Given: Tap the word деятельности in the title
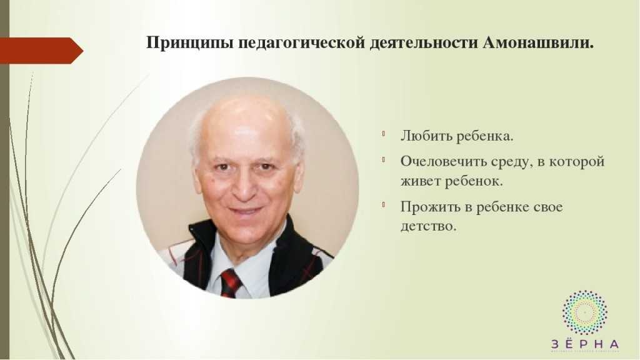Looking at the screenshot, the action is [424, 43].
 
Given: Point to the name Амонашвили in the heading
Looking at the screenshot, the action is [538, 43].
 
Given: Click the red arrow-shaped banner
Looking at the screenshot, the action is [41, 51].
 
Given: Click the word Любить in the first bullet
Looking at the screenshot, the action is [425, 136].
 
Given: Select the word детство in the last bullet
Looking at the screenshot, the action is [427, 226].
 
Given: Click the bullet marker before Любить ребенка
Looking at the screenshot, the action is [384, 133].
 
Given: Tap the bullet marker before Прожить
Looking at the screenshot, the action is [384, 204].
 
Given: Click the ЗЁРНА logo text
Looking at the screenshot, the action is [585, 343].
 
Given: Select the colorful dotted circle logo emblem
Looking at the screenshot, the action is [584, 312].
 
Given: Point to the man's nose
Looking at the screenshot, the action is [245, 186].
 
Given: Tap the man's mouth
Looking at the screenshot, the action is [245, 211].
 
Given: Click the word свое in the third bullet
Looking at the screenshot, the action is [547, 207].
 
